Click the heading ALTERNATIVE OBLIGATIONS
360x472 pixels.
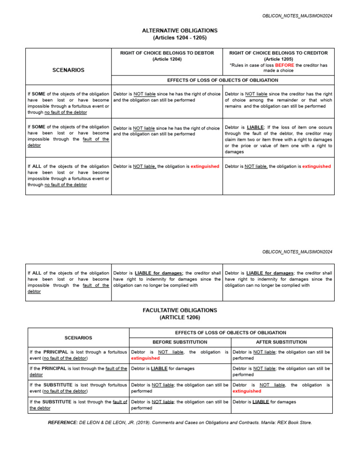point(180,30)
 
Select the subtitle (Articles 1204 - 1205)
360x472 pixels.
point(180,38)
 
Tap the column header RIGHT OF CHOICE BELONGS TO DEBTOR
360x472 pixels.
point(167,53)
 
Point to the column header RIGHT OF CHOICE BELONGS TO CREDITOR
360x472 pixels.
point(278,53)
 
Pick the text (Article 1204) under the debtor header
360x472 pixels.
point(167,59)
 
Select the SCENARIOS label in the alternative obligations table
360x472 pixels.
point(68,69)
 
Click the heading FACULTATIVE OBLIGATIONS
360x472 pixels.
point(180,310)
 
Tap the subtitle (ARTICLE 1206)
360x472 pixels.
point(180,318)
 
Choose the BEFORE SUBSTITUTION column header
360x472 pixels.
point(180,342)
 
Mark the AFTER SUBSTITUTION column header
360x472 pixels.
point(281,342)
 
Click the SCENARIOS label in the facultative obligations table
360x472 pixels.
point(78,337)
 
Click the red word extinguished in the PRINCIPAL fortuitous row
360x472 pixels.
point(145,358)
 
